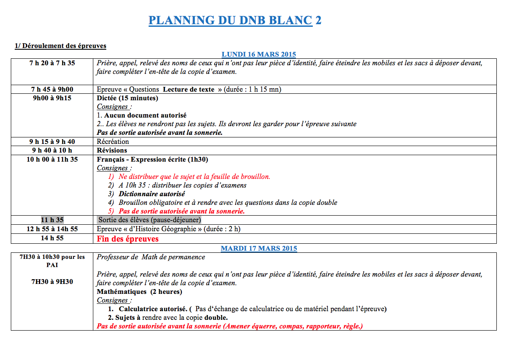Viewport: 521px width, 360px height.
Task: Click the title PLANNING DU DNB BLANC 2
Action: point(235,20)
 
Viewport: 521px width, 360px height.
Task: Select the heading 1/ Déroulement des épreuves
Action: point(60,46)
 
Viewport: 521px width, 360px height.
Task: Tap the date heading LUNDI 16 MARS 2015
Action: point(258,54)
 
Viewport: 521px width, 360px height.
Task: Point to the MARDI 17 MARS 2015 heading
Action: point(259,248)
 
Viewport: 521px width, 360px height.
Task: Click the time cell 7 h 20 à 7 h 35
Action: point(52,63)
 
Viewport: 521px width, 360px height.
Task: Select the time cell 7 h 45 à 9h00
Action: point(52,89)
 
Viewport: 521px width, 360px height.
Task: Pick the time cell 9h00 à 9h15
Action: point(52,98)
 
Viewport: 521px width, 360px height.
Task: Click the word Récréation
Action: point(113,142)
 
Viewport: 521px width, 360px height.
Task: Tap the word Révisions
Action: point(112,150)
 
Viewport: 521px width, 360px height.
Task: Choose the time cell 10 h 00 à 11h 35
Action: point(52,159)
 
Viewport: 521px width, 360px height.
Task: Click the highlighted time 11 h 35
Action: point(52,220)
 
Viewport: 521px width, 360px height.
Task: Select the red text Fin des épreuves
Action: point(127,239)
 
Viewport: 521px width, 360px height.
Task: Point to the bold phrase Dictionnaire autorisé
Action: point(152,194)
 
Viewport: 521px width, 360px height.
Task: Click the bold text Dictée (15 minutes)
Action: point(127,98)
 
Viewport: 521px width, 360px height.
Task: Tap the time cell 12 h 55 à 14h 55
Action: point(52,229)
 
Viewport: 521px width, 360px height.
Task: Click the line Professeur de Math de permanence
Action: point(151,257)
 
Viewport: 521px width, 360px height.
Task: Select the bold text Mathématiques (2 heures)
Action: point(139,292)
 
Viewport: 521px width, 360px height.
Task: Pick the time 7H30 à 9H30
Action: point(52,282)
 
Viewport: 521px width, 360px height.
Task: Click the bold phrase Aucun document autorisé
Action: point(145,115)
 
